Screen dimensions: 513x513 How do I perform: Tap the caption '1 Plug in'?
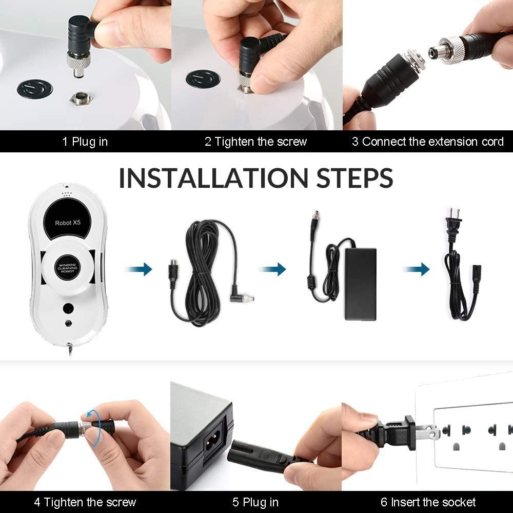point(85,142)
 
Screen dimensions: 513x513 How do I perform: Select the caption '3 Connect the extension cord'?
point(428,142)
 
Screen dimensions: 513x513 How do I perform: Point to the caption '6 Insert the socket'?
point(428,502)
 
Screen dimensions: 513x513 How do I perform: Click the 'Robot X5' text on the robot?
point(68,223)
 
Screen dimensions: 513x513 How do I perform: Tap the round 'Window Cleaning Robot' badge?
point(68,268)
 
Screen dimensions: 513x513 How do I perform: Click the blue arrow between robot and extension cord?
point(139,269)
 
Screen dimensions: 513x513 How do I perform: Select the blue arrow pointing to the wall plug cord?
point(416,269)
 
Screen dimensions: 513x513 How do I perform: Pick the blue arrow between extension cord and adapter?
point(272,269)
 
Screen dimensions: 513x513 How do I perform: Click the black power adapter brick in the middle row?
point(360,284)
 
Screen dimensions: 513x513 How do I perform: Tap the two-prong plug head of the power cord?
point(453,221)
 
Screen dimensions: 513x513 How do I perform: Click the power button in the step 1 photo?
point(35,88)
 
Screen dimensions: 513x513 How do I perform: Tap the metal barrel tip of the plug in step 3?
point(435,52)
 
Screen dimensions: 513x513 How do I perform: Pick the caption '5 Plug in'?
point(255,502)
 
